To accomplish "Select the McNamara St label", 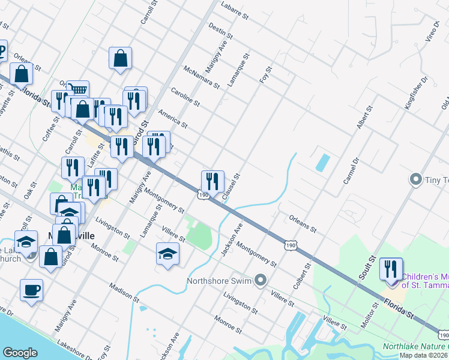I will (202, 77).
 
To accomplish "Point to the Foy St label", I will (265, 76).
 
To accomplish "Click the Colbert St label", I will (301, 274).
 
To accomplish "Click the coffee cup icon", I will (31, 290).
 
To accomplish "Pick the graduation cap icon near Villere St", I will (167, 253).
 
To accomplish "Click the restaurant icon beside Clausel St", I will (212, 180).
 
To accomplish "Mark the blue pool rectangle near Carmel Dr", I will (322, 161).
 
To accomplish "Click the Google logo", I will (20, 353).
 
